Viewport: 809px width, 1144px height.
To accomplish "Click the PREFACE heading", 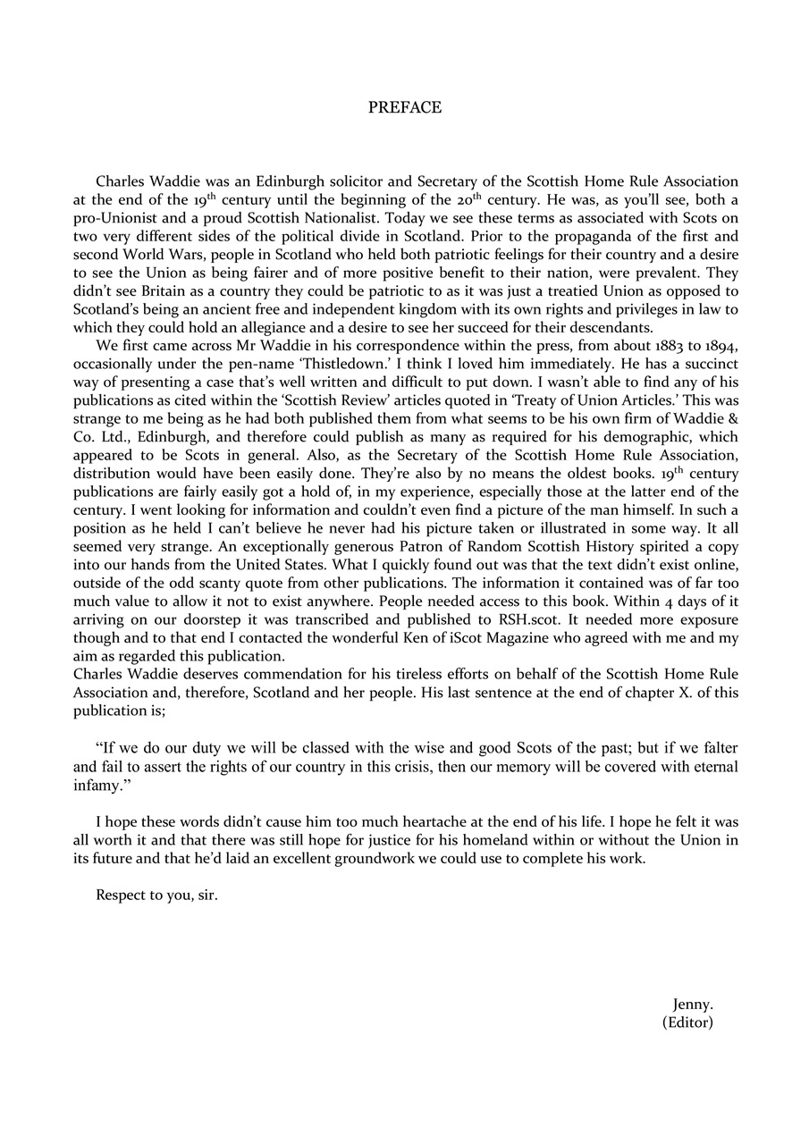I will pos(404,107).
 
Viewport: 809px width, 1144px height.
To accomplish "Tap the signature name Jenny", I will pos(693,1005).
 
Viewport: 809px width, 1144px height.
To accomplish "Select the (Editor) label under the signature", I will pos(687,1022).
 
